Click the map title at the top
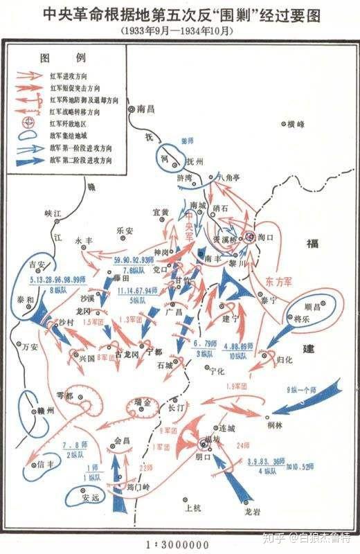coord(180,13)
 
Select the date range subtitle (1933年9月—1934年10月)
coord(180,30)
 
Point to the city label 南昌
coord(146,109)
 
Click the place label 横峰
coord(295,125)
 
